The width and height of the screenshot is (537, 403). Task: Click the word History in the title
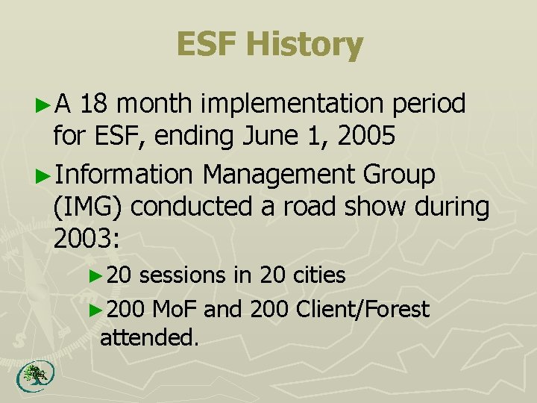tap(304, 45)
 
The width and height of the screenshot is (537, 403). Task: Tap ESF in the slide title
tap(207, 45)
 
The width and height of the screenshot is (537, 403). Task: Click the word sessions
tap(183, 275)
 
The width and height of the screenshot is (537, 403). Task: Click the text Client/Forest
tap(362, 308)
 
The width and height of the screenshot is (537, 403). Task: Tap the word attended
tap(150, 337)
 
